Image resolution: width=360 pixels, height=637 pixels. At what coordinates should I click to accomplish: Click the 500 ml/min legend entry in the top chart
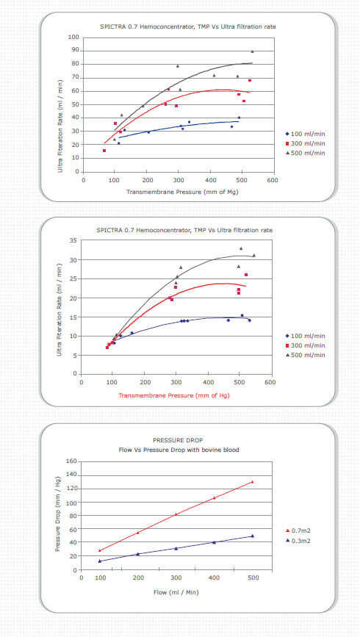(306, 153)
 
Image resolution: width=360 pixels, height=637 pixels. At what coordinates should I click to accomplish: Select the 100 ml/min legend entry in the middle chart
(306, 336)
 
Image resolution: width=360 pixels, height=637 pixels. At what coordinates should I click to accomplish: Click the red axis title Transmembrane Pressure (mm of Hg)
(174, 395)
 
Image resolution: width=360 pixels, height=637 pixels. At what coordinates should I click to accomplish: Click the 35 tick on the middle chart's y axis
(73, 240)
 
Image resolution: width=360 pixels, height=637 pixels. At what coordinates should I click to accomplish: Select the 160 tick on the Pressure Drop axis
(71, 461)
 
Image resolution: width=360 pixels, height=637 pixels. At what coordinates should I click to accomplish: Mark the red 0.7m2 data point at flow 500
(252, 482)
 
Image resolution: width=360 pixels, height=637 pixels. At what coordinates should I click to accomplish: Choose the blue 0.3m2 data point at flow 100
(99, 561)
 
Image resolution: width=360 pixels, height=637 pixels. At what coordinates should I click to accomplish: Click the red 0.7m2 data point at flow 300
(176, 514)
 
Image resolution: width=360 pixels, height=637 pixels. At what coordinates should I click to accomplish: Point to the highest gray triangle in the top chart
(252, 51)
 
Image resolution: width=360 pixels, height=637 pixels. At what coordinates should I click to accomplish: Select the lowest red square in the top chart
(104, 151)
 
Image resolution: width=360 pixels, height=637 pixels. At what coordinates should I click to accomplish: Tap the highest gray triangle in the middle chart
(241, 248)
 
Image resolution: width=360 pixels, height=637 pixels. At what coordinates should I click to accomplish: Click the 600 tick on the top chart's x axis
(273, 179)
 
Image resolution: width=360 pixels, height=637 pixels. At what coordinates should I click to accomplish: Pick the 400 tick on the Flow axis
(214, 577)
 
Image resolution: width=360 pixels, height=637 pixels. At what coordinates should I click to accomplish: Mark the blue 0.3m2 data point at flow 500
(252, 536)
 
